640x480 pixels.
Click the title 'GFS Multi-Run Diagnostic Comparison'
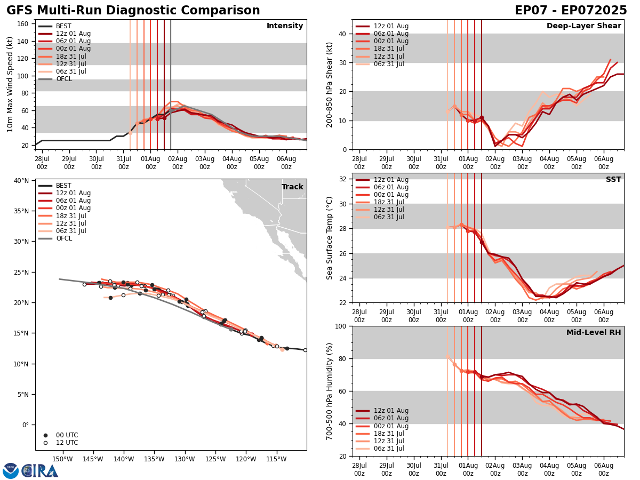(x=133, y=11)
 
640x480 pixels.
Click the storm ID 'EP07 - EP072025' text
(x=571, y=11)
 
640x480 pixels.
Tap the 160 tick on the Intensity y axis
(x=25, y=23)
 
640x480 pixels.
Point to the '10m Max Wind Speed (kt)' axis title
(x=10, y=84)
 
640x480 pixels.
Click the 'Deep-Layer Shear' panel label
(x=583, y=26)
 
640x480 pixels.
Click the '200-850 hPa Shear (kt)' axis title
(x=330, y=84)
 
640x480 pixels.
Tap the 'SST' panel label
(x=613, y=180)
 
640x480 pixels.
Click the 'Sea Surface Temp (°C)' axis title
(x=330, y=238)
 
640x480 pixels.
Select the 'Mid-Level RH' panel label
(x=594, y=333)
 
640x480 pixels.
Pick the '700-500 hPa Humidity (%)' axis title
(x=330, y=391)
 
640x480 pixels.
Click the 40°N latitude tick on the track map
(x=21, y=180)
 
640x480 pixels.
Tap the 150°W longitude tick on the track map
(x=63, y=459)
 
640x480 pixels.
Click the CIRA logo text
(x=40, y=470)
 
